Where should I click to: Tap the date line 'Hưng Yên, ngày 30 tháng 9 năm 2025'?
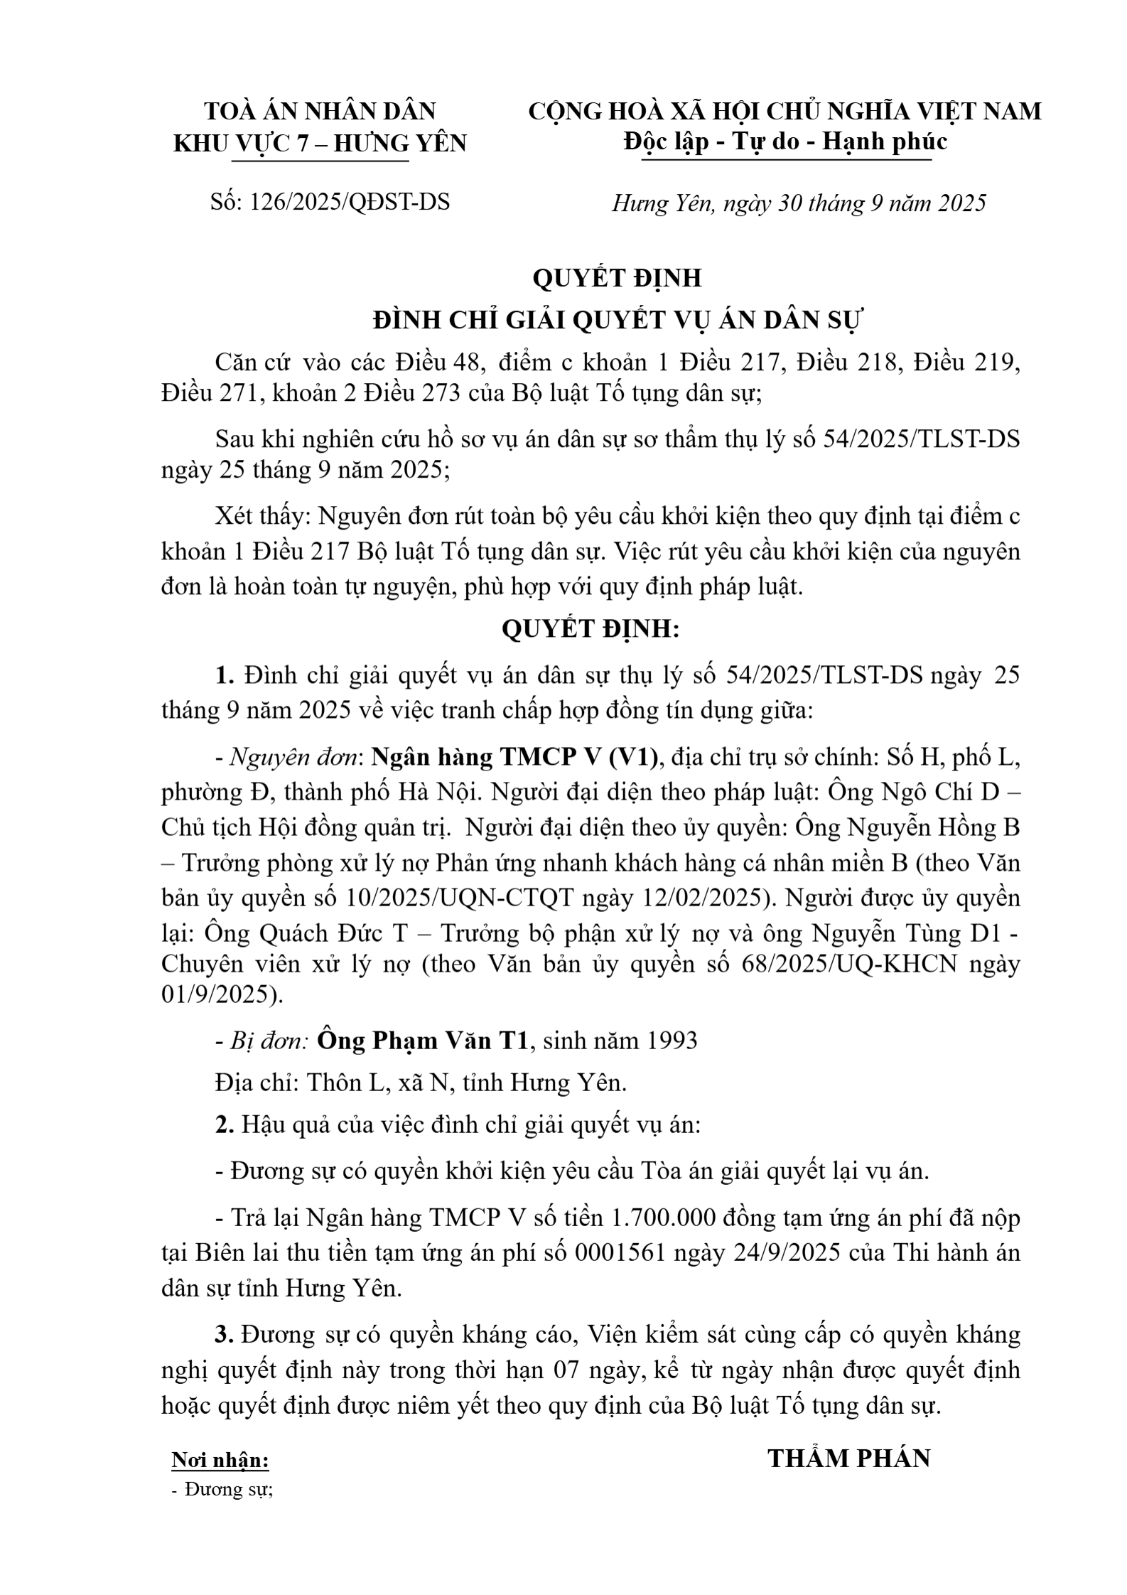point(799,204)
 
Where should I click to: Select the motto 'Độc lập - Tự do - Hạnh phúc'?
point(785,142)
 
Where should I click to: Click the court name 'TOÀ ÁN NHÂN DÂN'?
point(320,112)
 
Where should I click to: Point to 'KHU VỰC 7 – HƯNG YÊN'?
point(320,144)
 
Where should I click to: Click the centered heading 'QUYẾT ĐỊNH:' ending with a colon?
point(591,629)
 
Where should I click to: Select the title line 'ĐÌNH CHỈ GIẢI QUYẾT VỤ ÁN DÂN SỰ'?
point(618,321)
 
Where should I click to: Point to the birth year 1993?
point(672,1041)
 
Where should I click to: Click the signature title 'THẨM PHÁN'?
point(849,1459)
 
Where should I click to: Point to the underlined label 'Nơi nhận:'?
point(220,1461)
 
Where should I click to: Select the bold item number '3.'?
point(225,1335)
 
